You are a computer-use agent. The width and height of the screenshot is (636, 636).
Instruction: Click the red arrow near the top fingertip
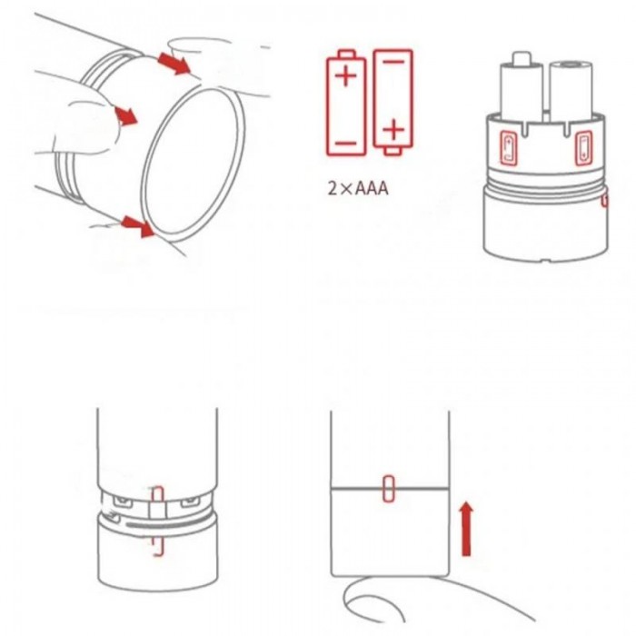point(174,64)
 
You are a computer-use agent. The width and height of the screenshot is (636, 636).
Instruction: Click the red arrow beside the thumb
point(126,116)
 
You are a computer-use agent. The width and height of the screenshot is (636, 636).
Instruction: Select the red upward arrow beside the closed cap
point(467,529)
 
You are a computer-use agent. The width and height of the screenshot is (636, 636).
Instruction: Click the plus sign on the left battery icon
point(346,75)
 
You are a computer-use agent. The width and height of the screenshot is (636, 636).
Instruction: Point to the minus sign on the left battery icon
point(346,144)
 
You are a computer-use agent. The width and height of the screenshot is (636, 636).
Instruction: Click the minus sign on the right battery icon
point(393,62)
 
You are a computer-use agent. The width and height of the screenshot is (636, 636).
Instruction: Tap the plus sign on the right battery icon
point(393,130)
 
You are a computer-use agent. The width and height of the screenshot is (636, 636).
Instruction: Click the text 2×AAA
point(358,189)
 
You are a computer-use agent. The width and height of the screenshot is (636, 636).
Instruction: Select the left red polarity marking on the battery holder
point(509,147)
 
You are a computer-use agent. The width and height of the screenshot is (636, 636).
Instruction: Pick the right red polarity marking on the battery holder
point(583,147)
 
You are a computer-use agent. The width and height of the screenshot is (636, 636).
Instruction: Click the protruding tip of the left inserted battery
point(522,58)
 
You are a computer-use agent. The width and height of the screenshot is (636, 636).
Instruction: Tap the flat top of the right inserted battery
point(571,65)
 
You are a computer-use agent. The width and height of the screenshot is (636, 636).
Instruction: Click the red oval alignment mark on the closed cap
point(388,489)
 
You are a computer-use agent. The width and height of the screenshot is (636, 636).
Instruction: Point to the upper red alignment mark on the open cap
point(157,496)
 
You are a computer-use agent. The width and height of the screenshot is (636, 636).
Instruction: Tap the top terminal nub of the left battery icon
point(346,54)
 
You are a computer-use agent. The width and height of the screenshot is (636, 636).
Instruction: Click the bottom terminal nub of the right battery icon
point(393,151)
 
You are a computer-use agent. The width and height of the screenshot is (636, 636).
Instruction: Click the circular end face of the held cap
point(194,162)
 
